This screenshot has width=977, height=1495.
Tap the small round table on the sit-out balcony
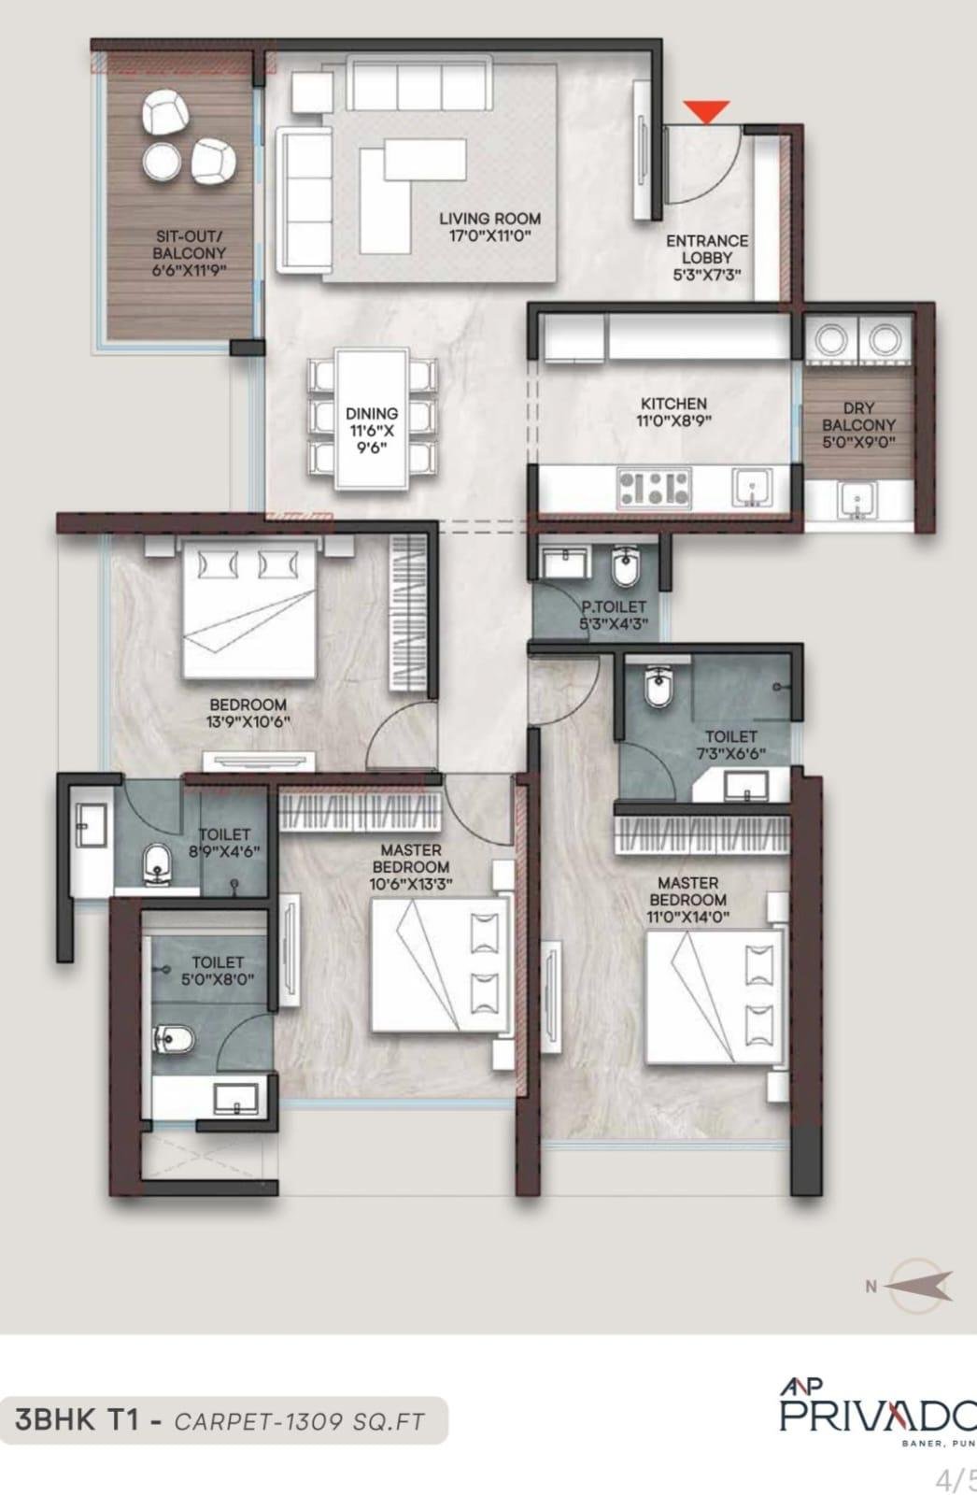162,162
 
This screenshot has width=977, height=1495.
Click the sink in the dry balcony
857,501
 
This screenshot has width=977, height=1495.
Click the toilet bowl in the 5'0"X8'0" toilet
175,1037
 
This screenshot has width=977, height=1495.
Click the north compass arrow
918,1286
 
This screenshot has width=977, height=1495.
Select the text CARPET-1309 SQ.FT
299,1422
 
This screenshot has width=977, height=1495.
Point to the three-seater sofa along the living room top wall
419,84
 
